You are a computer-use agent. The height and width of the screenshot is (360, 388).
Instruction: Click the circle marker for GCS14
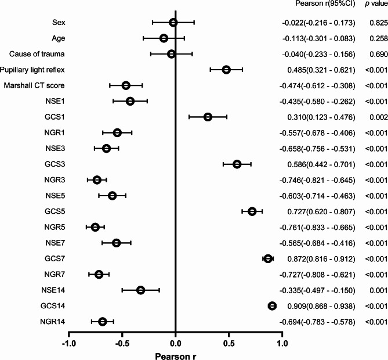(x=272, y=306)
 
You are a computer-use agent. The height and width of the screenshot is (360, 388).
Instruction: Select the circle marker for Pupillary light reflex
(x=226, y=70)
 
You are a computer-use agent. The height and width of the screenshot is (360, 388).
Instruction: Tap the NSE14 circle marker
(x=141, y=290)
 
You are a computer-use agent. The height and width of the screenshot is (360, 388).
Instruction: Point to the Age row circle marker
(x=164, y=38)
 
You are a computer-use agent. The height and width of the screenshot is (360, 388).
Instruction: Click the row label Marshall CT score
(x=34, y=86)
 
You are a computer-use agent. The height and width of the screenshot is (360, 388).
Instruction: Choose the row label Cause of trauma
(x=37, y=54)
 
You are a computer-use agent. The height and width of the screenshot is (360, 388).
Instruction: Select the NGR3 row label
(x=55, y=180)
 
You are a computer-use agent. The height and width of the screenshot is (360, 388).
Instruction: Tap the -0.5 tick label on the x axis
(x=122, y=344)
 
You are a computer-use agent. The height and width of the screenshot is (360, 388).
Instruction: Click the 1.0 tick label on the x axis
(x=282, y=344)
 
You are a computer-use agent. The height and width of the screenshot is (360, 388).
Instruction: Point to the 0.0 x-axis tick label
(x=176, y=344)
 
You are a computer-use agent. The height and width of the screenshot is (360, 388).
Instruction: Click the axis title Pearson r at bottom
(x=176, y=357)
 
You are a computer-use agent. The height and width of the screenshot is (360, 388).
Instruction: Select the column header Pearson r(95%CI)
(x=325, y=3)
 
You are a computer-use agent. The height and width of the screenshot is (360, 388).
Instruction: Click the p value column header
(x=376, y=4)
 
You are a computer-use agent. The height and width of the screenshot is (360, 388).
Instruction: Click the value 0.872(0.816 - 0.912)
(x=321, y=259)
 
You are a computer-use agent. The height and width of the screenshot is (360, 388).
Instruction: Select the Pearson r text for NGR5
(x=317, y=228)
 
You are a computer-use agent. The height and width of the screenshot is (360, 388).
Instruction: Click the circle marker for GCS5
(x=252, y=211)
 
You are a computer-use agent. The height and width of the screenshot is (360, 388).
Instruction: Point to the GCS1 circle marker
(x=208, y=117)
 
